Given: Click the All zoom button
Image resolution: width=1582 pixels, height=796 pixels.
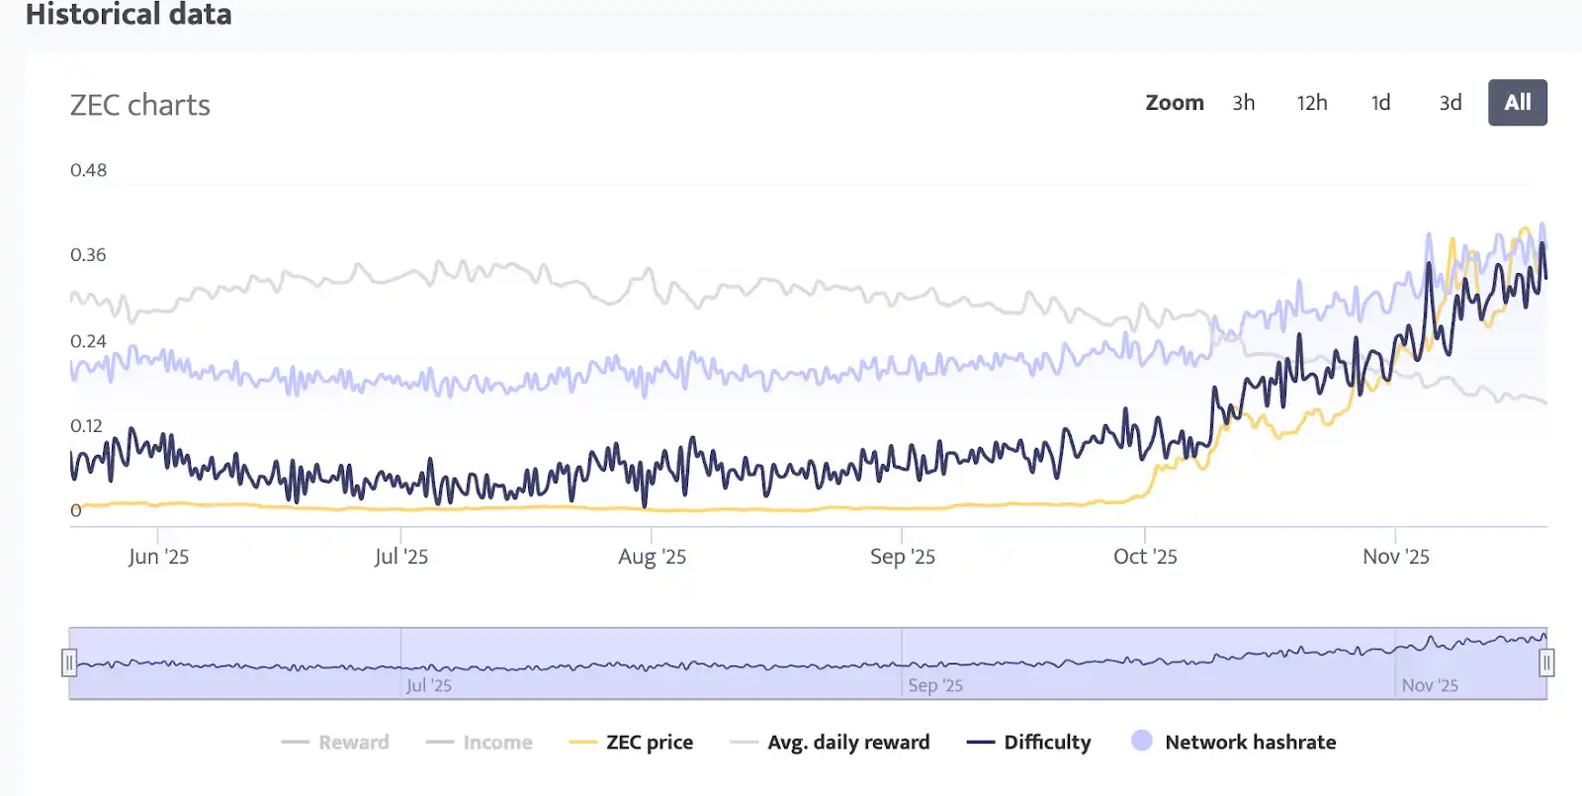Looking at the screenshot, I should point(1517,103).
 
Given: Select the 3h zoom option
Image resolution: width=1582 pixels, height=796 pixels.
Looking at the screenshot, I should point(1243,103).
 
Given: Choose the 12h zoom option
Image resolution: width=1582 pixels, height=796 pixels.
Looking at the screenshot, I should point(1312,103).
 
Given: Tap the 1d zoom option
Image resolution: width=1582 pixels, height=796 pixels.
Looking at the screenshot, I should point(1380,103).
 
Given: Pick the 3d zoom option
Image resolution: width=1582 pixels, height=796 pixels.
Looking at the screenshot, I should point(1450,103).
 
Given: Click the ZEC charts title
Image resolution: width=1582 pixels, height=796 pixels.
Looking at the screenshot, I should point(139,105).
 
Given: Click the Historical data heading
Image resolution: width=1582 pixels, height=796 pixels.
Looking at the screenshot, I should point(129,15).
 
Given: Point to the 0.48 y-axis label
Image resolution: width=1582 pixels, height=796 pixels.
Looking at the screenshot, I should point(88,170).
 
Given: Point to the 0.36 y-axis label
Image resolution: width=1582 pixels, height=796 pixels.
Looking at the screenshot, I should point(88,255).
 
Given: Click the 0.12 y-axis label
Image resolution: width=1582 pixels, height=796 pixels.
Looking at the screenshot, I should point(86,426).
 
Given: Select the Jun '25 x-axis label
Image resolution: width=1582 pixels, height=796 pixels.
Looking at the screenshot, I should point(158,557).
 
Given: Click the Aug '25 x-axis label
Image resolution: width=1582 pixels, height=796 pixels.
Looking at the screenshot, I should point(652,557).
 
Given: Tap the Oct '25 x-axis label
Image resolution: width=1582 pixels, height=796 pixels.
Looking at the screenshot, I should point(1145,557).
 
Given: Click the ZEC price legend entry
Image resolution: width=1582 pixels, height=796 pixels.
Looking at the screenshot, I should point(649,743).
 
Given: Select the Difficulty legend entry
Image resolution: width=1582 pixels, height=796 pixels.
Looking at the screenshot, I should point(1046,743).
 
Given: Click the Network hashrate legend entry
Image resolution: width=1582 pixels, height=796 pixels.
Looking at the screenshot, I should point(1250,743).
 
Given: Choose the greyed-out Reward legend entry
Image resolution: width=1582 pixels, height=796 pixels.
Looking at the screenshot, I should point(353,743).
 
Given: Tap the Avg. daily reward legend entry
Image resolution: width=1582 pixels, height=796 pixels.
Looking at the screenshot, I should point(847,743).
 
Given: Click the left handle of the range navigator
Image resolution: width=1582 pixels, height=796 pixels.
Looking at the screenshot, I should point(69,663).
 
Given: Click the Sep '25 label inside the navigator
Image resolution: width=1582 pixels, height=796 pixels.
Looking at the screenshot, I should point(935,685).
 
